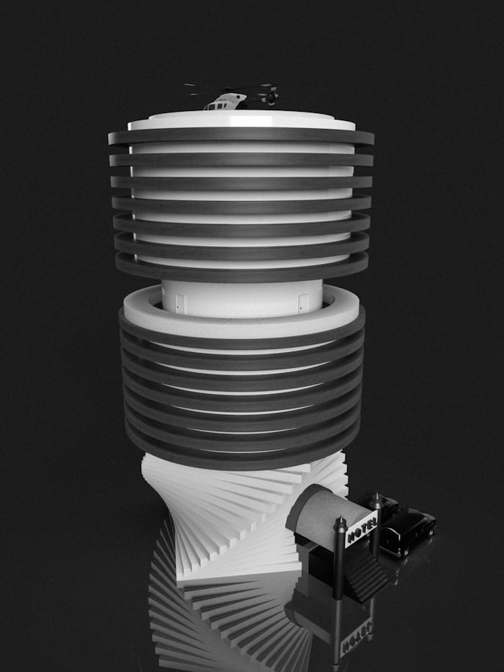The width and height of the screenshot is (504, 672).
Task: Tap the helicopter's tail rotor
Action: [271, 98]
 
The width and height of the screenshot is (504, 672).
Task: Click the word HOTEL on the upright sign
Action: [361, 529]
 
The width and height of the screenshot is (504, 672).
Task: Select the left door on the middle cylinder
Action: [180, 303]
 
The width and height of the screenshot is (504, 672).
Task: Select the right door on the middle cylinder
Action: [303, 303]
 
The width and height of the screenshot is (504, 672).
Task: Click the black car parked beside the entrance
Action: [405, 529]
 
